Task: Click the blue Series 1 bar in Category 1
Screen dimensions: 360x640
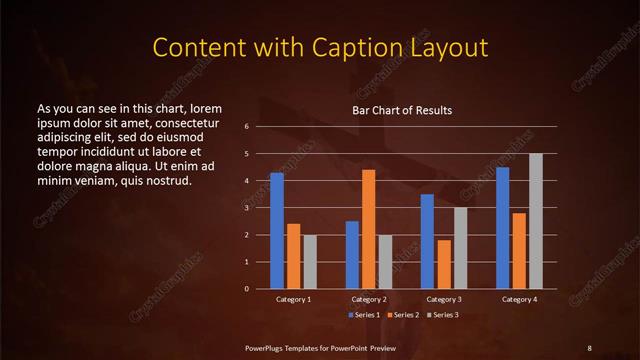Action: (277, 231)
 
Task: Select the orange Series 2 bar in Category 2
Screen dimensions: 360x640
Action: (369, 229)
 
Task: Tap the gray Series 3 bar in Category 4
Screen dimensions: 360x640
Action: (536, 221)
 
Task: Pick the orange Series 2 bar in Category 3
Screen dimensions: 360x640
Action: (443, 264)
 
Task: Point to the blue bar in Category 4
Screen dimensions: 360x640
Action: (502, 228)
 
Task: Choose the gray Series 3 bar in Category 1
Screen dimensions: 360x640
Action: (310, 262)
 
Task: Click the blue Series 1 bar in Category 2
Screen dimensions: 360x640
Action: (352, 255)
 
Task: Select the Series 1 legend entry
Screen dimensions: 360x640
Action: (364, 315)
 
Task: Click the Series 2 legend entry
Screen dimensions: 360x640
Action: (404, 315)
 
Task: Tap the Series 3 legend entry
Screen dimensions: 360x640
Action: (444, 315)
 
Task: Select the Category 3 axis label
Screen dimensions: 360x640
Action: (444, 299)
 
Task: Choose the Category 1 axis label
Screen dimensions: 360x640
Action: (294, 299)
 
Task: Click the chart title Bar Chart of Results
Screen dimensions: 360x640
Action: (402, 110)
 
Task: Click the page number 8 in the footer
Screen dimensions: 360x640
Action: (589, 347)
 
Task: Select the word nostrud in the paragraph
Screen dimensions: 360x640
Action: (165, 180)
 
